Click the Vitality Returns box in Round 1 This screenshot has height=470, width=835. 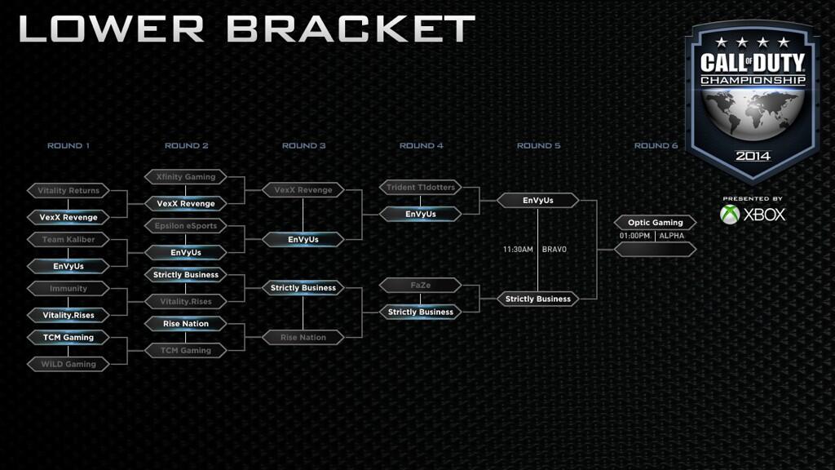click(68, 190)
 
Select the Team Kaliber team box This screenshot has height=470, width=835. click(68, 239)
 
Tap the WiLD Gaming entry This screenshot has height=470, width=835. click(68, 364)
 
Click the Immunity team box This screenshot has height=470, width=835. click(68, 288)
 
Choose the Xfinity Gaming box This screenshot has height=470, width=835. click(186, 176)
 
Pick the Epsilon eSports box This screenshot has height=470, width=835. click(186, 225)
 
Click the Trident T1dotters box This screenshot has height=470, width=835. click(421, 187)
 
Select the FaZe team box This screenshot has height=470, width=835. click(421, 285)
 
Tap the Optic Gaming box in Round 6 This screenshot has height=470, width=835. click(655, 222)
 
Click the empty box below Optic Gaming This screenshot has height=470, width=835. click(655, 250)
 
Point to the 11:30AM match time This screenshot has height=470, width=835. click(518, 250)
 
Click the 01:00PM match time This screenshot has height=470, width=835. click(634, 236)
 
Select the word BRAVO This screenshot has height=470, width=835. click(554, 250)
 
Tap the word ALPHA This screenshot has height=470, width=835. click(672, 236)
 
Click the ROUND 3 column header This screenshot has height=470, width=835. click(303, 145)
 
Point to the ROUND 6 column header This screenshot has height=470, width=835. click(656, 145)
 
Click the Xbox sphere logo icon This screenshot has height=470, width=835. click(730, 215)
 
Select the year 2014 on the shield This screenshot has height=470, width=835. click(753, 156)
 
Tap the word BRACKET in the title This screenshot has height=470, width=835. click(351, 29)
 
